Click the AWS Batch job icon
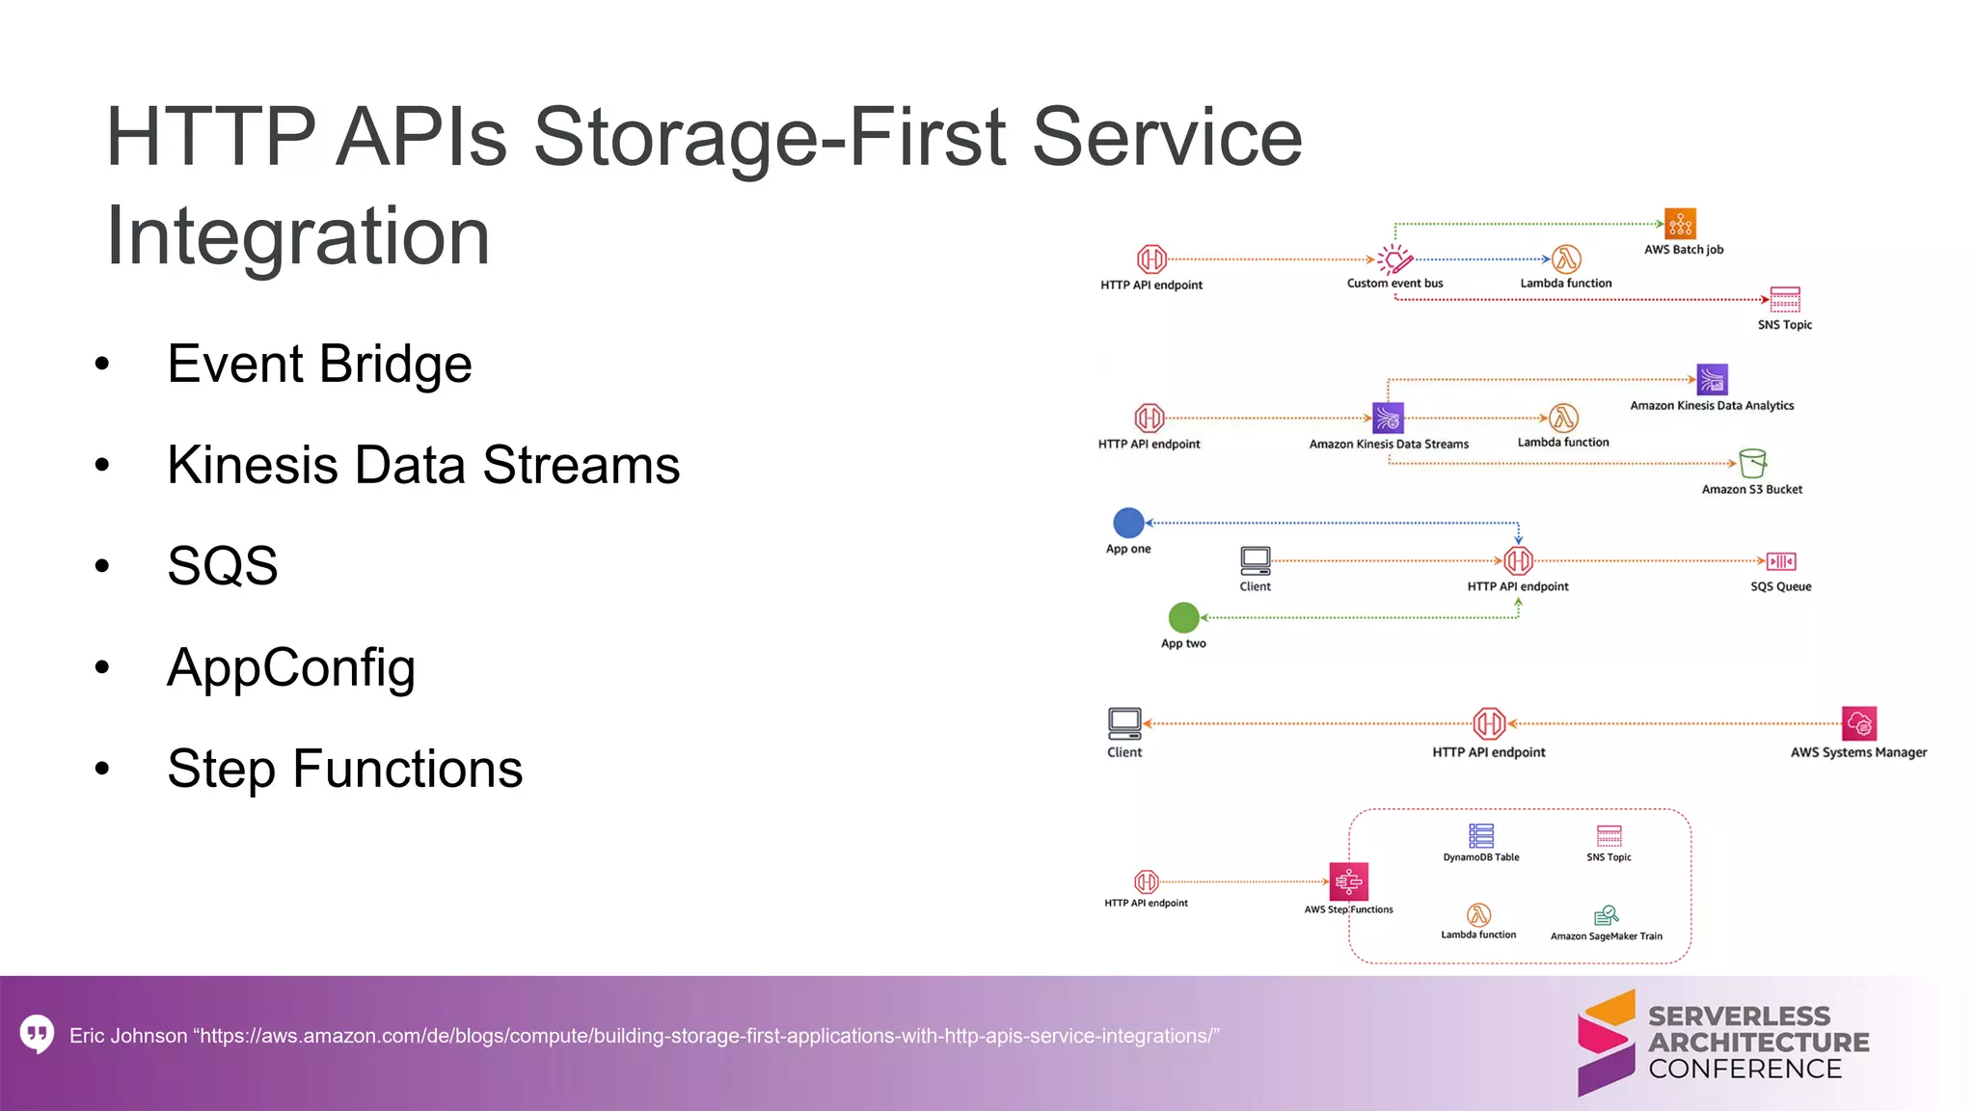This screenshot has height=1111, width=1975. [1680, 224]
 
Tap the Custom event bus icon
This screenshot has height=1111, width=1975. [1394, 259]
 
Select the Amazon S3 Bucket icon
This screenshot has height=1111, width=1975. [1752, 463]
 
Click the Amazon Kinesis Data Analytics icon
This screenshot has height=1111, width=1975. [1712, 379]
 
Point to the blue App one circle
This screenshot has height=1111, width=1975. [1128, 523]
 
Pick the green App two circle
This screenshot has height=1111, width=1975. [1183, 617]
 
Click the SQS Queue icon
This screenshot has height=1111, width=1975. [1781, 561]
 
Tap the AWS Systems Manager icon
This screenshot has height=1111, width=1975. [1858, 723]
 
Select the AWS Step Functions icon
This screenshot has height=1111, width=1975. [1348, 881]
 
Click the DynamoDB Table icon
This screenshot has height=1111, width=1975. [1480, 835]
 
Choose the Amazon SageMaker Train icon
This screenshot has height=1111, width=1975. [1606, 915]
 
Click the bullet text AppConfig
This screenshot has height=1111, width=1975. [290, 667]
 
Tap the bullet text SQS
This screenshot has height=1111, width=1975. [222, 565]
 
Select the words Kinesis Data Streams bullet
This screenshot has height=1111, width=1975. [422, 465]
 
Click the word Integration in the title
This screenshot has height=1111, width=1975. [297, 235]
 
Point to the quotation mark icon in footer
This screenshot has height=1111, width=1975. [37, 1034]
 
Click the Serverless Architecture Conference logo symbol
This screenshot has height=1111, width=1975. [1606, 1043]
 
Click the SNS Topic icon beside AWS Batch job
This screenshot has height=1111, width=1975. [1784, 299]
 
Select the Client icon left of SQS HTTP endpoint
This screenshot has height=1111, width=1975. [1255, 560]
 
